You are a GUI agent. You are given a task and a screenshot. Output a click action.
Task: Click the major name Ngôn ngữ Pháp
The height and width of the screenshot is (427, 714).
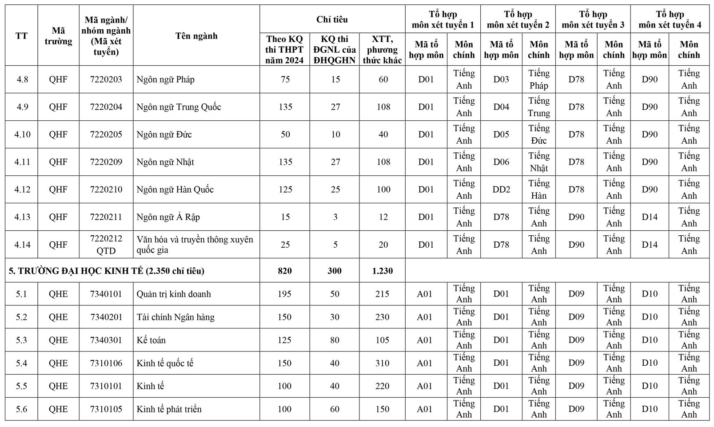pos(165,79)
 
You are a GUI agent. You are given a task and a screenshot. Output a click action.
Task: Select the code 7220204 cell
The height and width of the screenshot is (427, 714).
pos(106,107)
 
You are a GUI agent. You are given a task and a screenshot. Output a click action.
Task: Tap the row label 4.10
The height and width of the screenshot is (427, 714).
pos(22,134)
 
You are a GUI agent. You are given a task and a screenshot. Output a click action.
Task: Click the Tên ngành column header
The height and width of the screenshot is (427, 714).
pos(196,36)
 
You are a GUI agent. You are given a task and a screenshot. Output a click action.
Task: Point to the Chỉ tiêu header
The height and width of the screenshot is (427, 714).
pos(332,20)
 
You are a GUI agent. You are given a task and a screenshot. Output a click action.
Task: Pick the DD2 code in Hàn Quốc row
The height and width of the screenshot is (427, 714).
pos(501,190)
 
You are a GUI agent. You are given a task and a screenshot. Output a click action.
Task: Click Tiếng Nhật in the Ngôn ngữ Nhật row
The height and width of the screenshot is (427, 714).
pos(538,162)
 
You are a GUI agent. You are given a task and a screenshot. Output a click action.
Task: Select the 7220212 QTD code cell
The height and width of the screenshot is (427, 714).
pos(106,245)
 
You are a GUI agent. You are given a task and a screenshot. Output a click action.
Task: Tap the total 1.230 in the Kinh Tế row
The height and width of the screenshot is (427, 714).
pos(382,271)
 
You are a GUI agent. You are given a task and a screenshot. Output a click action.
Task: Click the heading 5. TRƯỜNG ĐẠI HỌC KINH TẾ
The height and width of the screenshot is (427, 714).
pos(107,271)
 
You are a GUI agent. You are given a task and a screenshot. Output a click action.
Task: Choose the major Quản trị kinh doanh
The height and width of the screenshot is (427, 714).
pos(174,294)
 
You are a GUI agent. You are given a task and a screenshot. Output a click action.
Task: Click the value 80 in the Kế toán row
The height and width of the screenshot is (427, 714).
pos(335,340)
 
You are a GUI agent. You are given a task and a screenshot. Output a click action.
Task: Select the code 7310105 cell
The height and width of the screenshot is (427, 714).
pos(106,409)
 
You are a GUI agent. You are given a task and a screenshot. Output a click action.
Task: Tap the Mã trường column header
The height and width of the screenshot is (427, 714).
pos(58,36)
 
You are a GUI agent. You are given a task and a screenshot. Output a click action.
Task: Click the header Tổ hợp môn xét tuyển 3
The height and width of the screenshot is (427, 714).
pos(592,20)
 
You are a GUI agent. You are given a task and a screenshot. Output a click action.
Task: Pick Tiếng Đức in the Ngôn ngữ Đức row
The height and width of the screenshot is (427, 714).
pos(538,134)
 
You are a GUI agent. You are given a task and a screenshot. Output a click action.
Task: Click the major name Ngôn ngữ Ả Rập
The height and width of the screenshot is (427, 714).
pos(168,217)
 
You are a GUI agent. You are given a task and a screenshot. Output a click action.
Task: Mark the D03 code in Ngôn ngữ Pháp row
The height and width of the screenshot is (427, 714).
pos(501,79)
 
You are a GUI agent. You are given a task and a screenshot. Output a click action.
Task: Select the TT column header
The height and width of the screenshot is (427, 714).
pos(21,36)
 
